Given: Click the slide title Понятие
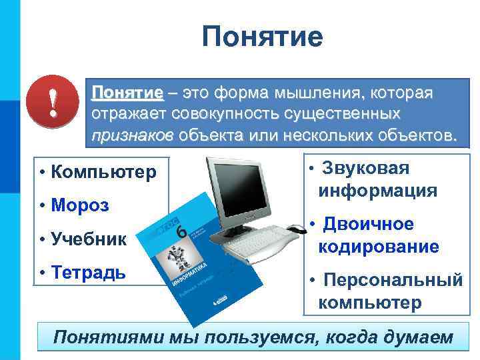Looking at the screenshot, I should (x=262, y=37).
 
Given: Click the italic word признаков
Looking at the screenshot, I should (x=131, y=135).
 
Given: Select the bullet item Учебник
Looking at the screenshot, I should (x=88, y=239).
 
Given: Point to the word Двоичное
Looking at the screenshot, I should (x=368, y=225).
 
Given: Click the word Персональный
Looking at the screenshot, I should (x=392, y=280).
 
